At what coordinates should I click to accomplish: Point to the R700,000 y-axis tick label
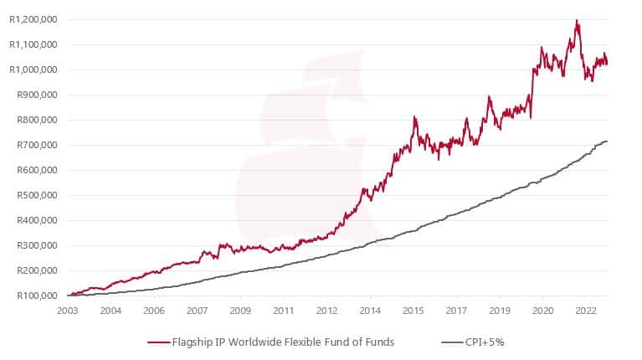tap(33, 145)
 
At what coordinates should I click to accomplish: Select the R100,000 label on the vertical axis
tap(33, 296)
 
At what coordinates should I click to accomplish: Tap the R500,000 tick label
tap(33, 195)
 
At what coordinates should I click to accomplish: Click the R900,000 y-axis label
tap(33, 95)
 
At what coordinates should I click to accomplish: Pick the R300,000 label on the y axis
tap(33, 245)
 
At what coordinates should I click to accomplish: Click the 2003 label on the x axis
tap(68, 310)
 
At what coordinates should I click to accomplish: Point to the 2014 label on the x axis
tap(369, 310)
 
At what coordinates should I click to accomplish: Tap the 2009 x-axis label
tap(240, 310)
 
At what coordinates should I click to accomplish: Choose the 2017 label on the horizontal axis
tap(455, 310)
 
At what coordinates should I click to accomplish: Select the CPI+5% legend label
tap(487, 342)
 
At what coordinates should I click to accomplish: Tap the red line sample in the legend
tap(159, 342)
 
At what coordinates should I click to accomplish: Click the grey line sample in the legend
tap(452, 342)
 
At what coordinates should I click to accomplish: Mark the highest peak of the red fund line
tap(577, 20)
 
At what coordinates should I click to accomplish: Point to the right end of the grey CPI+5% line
tap(608, 141)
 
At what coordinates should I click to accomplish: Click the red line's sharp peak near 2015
tap(414, 117)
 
